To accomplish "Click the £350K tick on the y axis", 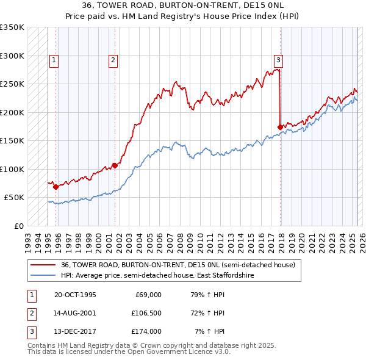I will pyautogui.click(x=12, y=27).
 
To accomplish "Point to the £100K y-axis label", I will pyautogui.click(x=12, y=169).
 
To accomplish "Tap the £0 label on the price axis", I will pyautogui.click(x=18, y=226).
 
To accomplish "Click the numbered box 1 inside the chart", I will pyautogui.click(x=54, y=60).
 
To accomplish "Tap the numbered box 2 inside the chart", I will pyautogui.click(x=113, y=60).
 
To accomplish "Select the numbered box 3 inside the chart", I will pyautogui.click(x=278, y=60).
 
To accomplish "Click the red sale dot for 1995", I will pyautogui.click(x=56, y=187).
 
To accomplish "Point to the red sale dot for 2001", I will pyautogui.click(x=114, y=165).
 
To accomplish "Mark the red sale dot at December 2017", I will pyautogui.click(x=280, y=127).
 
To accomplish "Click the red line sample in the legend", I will pyautogui.click(x=43, y=265).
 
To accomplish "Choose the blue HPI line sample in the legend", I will pyautogui.click(x=43, y=275).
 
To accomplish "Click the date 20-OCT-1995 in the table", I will pyautogui.click(x=76, y=294).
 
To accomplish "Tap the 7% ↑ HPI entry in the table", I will pyautogui.click(x=209, y=331).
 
